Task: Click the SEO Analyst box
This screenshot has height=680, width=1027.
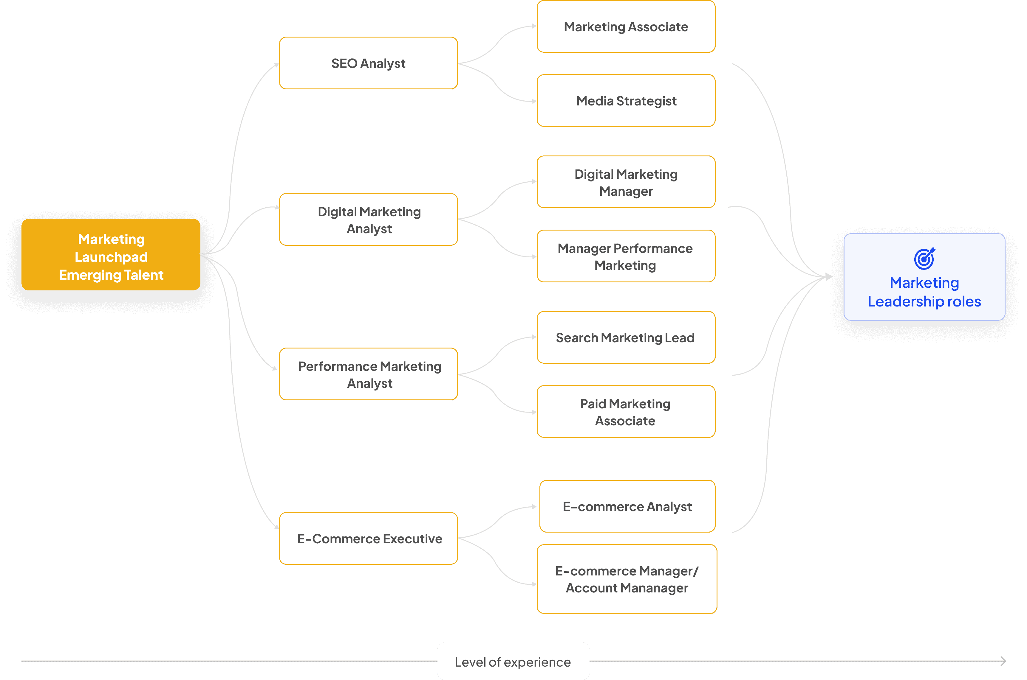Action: (x=368, y=63)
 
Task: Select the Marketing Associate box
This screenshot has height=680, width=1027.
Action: (x=626, y=27)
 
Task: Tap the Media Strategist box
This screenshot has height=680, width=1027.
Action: (x=626, y=101)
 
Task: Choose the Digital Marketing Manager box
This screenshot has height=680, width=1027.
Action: (x=626, y=182)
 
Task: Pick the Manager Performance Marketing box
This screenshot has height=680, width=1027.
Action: (x=626, y=256)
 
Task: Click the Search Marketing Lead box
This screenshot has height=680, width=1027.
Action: (x=626, y=337)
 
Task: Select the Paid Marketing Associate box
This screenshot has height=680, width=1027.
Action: (x=626, y=412)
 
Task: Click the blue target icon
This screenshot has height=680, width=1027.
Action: (x=924, y=259)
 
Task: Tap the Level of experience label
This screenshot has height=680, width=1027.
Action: (x=513, y=662)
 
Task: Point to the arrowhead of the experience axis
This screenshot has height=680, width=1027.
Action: (x=1003, y=661)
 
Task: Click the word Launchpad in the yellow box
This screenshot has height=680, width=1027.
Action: (x=111, y=257)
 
